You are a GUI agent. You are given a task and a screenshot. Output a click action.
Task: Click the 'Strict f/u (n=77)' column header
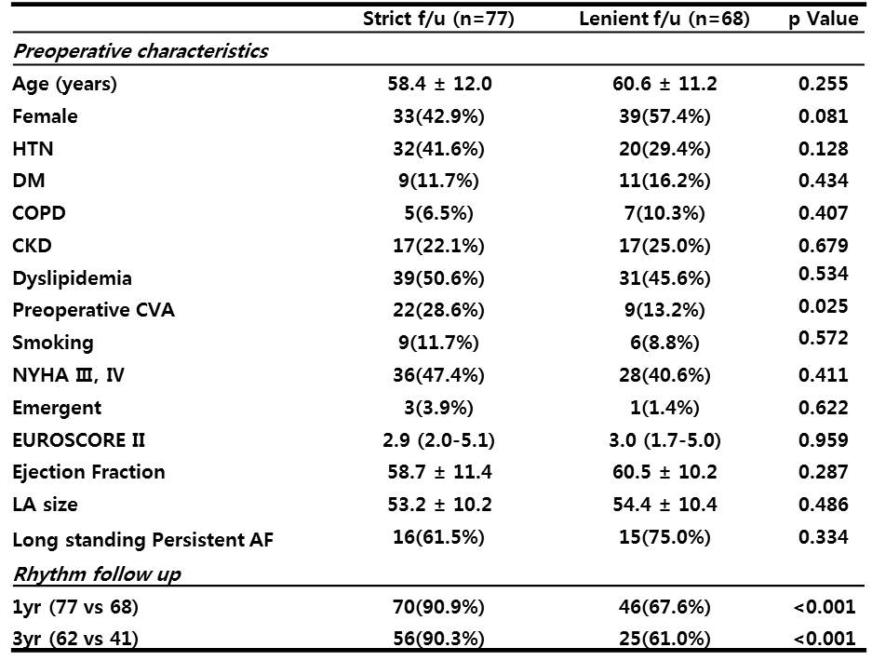tap(438, 19)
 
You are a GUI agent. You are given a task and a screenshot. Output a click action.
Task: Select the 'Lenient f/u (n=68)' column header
tap(664, 19)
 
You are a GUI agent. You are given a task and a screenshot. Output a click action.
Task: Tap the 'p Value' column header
tap(823, 19)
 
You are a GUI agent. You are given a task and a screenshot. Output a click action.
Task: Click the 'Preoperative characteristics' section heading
tap(141, 51)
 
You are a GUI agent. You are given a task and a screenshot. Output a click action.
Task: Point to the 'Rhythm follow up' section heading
tap(97, 574)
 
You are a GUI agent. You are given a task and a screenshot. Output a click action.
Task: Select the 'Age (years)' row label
tap(64, 84)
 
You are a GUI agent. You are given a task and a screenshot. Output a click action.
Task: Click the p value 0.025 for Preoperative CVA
tap(823, 306)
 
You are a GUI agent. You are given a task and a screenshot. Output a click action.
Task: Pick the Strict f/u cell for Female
tap(438, 116)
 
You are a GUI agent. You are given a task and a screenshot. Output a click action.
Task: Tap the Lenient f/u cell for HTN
tap(664, 149)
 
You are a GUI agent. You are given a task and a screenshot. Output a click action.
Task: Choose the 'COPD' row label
tap(39, 213)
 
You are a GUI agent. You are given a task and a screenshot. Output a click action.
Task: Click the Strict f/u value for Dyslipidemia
tap(438, 278)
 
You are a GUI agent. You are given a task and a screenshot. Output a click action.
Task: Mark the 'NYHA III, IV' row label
tap(69, 375)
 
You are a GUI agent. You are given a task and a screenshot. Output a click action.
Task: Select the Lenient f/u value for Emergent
tap(664, 408)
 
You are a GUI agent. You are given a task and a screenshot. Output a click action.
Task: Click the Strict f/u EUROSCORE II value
tap(438, 440)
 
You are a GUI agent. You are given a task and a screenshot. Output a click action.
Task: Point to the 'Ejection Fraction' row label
tap(88, 472)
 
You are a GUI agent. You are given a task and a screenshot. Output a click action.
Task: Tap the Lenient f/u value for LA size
tap(664, 505)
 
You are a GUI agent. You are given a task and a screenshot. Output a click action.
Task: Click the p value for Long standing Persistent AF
tap(823, 537)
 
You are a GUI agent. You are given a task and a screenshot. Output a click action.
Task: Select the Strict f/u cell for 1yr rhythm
tap(438, 606)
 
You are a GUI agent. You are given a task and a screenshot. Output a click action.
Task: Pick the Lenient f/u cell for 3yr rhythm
tap(664, 638)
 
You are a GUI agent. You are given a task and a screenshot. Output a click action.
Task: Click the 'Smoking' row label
tap(53, 343)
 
